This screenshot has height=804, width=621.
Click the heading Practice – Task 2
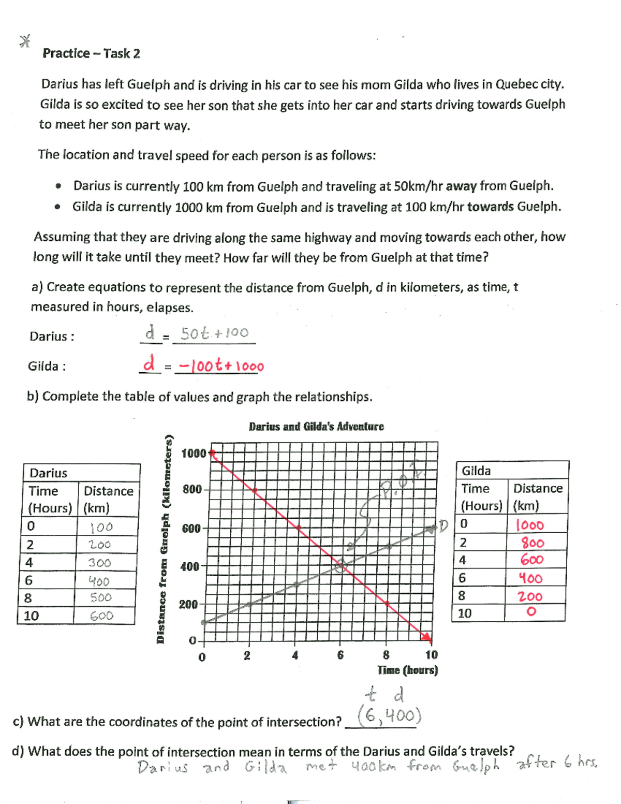click(91, 53)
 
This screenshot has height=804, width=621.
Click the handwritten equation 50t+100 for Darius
click(214, 333)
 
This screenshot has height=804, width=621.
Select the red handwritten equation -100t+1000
click(220, 366)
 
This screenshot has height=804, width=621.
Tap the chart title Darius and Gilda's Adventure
click(316, 427)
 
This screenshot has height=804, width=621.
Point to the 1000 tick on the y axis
click(194, 454)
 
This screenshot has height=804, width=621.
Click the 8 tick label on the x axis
click(386, 655)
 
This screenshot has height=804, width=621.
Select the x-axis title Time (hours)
click(407, 670)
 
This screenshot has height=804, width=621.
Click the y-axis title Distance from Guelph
click(161, 538)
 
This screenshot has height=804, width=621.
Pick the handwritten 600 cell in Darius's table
click(101, 616)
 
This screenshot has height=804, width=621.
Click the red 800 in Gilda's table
click(532, 543)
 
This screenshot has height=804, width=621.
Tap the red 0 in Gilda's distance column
click(530, 612)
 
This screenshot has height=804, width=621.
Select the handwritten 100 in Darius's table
click(101, 528)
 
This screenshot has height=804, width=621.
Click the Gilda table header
click(476, 471)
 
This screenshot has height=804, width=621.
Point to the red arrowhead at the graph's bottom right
click(426, 636)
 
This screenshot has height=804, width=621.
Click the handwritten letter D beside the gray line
click(443, 527)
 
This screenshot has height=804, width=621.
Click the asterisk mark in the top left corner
click(24, 41)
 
